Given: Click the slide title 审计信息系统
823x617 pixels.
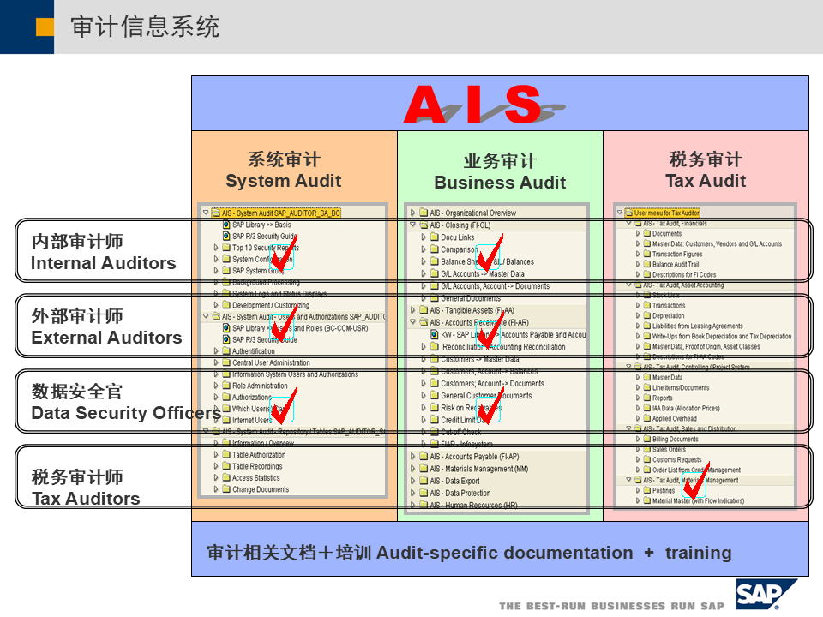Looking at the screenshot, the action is [145, 27].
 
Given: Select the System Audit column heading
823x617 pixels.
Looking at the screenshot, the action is [284, 171].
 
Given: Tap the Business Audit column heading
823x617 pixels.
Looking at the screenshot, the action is [500, 172].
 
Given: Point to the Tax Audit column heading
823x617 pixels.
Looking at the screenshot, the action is [706, 171].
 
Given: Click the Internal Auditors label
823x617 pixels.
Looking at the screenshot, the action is [103, 253].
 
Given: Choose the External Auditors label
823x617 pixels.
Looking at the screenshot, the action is [106, 327].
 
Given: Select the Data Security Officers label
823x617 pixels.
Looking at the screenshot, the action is [125, 403].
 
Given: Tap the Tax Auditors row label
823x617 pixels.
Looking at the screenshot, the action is [86, 488].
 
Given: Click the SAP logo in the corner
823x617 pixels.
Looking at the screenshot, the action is [765, 593].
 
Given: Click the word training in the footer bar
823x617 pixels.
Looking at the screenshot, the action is [698, 553].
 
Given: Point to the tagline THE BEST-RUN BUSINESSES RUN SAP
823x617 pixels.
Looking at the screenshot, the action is [611, 606].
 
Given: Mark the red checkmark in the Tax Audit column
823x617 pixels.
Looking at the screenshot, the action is [696, 483].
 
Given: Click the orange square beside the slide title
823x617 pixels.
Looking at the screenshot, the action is [45, 27].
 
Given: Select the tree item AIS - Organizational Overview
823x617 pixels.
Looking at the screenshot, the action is [473, 213].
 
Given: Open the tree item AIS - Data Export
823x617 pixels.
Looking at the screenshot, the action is [454, 482].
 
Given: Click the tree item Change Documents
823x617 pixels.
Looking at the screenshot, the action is [261, 490].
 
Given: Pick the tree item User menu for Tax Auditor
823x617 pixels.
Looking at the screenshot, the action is [667, 213].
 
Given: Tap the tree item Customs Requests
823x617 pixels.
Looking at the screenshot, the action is [676, 460].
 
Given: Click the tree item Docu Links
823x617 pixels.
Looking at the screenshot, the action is [457, 237].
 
